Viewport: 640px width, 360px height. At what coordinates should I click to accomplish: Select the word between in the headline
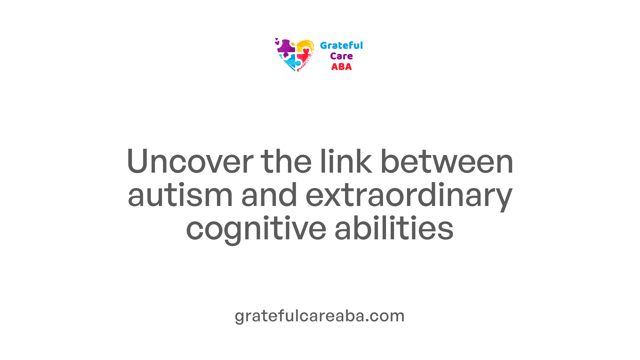click(x=447, y=162)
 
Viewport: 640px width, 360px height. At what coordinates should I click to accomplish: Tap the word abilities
click(x=394, y=229)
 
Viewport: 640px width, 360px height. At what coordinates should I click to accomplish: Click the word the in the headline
click(x=286, y=162)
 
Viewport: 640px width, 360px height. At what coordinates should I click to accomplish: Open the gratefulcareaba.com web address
click(x=320, y=316)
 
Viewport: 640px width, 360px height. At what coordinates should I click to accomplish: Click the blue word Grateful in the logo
click(x=341, y=45)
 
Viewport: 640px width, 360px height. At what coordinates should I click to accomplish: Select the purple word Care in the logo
click(x=341, y=56)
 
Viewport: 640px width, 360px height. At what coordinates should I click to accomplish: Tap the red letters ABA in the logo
click(x=341, y=67)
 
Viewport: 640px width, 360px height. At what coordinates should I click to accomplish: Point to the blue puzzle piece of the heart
click(x=290, y=62)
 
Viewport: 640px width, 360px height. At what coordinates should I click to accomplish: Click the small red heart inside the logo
click(x=306, y=51)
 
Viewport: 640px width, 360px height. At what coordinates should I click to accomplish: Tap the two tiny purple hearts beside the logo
click(x=277, y=41)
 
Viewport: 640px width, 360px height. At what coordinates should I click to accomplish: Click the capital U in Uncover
click(x=138, y=162)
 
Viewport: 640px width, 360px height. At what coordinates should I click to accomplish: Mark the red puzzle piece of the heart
click(x=304, y=60)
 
